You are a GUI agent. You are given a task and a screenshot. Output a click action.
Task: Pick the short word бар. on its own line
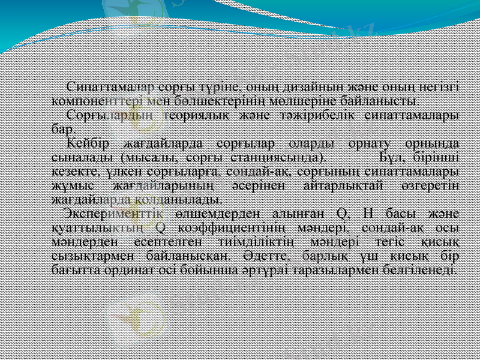[x=64, y=128]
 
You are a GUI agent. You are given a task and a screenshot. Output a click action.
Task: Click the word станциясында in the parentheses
[x=278, y=157]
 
